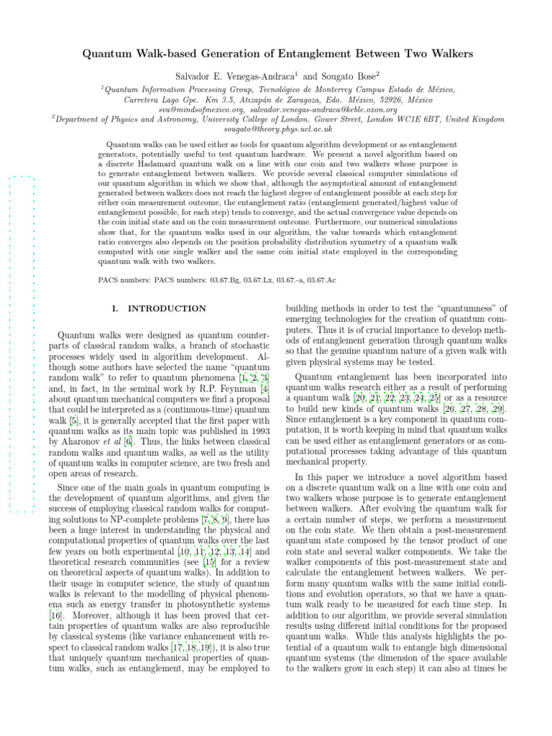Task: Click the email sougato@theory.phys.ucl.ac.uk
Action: click(277, 129)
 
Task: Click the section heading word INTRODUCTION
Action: click(166, 308)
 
